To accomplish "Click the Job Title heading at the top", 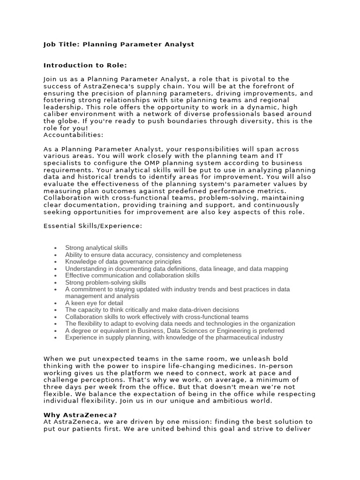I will click(x=119, y=45).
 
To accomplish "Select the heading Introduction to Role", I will click(x=85, y=65).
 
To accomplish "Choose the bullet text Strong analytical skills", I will click(x=96, y=248).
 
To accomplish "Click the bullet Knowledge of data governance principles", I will click(x=123, y=262).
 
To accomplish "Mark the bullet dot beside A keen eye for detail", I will click(x=55, y=303).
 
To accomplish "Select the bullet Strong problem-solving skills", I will click(x=105, y=283).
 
